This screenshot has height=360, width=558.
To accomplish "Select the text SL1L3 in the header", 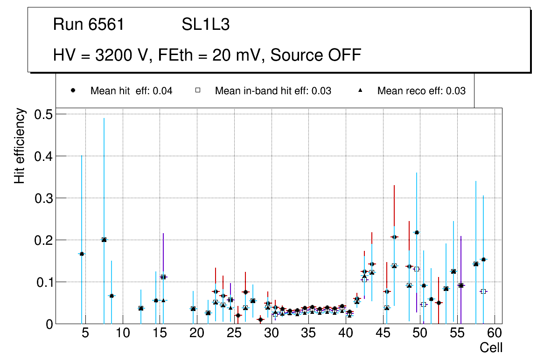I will (205, 25).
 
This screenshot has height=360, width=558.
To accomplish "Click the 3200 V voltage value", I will (123, 55).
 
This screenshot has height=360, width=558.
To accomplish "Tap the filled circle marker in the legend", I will (73, 90).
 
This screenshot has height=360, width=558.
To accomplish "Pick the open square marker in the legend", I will (198, 90).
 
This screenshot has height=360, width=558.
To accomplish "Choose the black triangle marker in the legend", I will (360, 90).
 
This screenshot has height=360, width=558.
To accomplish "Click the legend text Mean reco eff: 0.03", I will (421, 91).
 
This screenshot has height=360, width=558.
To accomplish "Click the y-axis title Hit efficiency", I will (20, 145).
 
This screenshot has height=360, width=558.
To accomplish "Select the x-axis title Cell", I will (491, 347).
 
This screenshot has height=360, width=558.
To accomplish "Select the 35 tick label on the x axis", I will (308, 333).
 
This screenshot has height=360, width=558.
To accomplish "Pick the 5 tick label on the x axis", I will (85, 333).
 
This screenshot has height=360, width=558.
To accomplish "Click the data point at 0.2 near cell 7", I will (104, 240).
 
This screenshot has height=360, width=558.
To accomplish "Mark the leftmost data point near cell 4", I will (82, 254).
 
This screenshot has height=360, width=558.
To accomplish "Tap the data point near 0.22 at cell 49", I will (417, 232).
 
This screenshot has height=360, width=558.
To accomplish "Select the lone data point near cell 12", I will (141, 308).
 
